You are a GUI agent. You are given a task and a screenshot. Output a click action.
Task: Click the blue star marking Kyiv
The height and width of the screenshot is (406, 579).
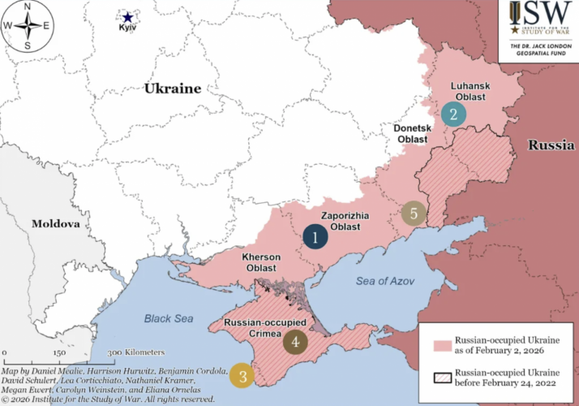pyautogui.click(x=127, y=16)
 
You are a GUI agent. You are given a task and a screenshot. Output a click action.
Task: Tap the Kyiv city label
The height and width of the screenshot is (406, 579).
pyautogui.click(x=127, y=29)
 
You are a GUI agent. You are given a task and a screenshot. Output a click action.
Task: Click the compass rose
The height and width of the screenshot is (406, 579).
pyautogui.click(x=28, y=26)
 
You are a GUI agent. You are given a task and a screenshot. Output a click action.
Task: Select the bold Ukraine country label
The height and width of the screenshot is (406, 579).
pyautogui.click(x=172, y=89)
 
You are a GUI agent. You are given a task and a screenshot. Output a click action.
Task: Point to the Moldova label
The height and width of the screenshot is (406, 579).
pyautogui.click(x=56, y=223)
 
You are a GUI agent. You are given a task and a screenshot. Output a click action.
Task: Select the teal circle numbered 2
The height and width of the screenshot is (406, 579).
pyautogui.click(x=454, y=114)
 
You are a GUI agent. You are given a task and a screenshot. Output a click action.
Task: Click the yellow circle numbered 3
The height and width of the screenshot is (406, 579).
pyautogui.click(x=242, y=375)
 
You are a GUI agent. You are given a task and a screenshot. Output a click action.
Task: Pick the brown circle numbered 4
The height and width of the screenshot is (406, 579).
pyautogui.click(x=295, y=342)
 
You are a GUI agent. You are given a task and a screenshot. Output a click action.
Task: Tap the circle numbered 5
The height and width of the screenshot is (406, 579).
pyautogui.click(x=414, y=214)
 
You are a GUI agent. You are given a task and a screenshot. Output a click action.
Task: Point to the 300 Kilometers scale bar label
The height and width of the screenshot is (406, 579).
pyautogui.click(x=136, y=352)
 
